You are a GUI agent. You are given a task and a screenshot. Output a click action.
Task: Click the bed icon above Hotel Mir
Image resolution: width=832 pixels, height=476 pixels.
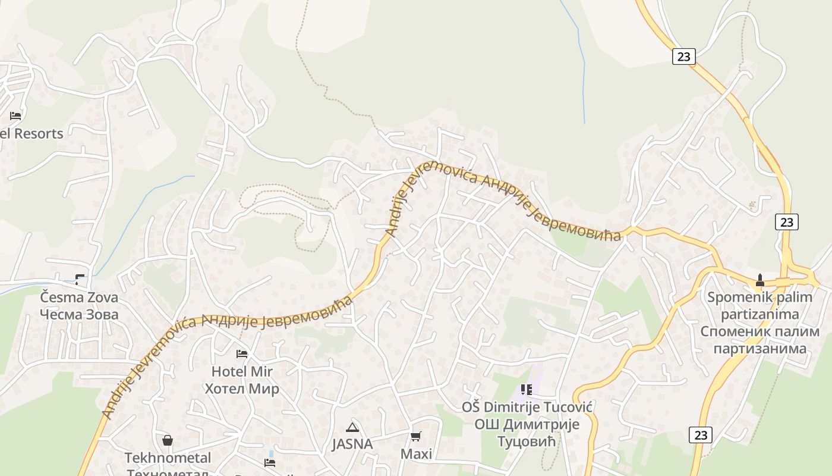242,353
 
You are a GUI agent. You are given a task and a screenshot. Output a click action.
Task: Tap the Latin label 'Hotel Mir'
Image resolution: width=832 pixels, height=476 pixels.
242,372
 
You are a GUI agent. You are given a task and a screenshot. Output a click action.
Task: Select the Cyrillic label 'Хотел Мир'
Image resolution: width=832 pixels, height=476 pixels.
242,389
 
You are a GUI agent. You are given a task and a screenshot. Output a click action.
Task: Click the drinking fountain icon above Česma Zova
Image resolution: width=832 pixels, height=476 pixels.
80,279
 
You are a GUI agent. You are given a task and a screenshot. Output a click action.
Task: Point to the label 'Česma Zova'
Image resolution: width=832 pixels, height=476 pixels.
79,297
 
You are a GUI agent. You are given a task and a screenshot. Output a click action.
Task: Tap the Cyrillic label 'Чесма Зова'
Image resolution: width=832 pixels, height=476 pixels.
79,314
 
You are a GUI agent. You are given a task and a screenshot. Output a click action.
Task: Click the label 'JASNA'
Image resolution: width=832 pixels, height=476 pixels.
352,444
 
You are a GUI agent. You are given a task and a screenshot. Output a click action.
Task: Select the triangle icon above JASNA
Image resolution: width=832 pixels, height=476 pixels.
352,427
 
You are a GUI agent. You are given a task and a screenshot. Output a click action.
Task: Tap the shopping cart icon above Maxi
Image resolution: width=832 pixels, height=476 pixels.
416,437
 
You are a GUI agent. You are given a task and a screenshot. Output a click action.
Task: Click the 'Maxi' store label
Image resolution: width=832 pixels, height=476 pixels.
416,454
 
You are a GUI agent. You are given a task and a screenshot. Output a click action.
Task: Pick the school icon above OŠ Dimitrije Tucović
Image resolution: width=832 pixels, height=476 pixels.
526,390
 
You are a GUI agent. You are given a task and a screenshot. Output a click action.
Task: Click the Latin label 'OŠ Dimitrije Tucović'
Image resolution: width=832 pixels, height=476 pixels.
527,408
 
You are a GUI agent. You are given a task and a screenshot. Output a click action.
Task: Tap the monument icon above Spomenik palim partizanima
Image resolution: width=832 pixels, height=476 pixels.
759,280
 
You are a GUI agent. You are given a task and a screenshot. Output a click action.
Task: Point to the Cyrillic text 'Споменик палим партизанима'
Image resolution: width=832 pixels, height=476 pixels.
759,340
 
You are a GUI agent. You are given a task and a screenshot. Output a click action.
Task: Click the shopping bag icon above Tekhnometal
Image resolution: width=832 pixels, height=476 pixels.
168,440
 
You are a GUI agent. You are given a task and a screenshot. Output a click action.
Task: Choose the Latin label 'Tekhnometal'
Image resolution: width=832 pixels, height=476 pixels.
168,458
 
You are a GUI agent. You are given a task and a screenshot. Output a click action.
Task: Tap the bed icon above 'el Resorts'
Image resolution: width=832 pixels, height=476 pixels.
15,115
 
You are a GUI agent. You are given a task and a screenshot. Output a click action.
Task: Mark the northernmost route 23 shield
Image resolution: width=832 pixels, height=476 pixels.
684,57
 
